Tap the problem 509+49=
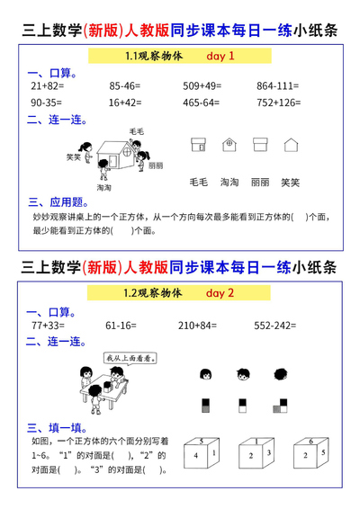(204, 86)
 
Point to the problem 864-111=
(279, 86)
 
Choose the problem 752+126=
(280, 103)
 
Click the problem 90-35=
(48, 103)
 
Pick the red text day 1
(220, 56)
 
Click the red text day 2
(220, 293)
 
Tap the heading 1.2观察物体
(154, 293)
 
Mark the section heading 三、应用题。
(58, 202)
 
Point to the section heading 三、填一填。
(56, 427)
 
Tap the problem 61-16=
(120, 325)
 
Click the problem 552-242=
(276, 325)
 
